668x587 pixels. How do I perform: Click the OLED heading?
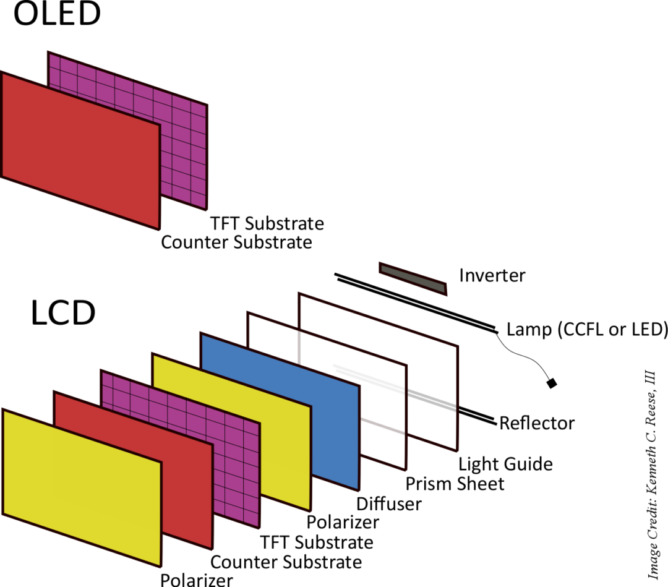coord(57,15)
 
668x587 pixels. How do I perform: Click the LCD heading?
coord(62,314)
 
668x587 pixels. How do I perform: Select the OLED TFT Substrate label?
coord(267,223)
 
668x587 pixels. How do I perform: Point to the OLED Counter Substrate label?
coord(236,242)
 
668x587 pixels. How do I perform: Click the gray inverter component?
coord(413,278)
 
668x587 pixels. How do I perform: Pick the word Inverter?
coord(492,275)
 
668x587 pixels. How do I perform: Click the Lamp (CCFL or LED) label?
coord(587,330)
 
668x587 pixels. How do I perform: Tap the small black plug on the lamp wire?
coord(552,383)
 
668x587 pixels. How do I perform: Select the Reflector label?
coord(537,424)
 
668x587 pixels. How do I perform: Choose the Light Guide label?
coord(505,464)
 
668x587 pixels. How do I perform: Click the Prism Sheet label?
coord(455,483)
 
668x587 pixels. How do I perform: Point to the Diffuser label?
coord(389,503)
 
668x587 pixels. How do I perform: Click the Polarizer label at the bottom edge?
coord(197,580)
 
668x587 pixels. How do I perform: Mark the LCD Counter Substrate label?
coord(286,562)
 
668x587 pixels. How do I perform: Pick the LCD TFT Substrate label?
coord(317,542)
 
